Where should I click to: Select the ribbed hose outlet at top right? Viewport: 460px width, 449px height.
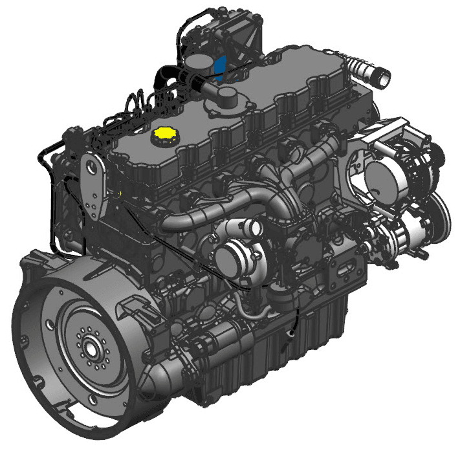[x=380, y=76]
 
